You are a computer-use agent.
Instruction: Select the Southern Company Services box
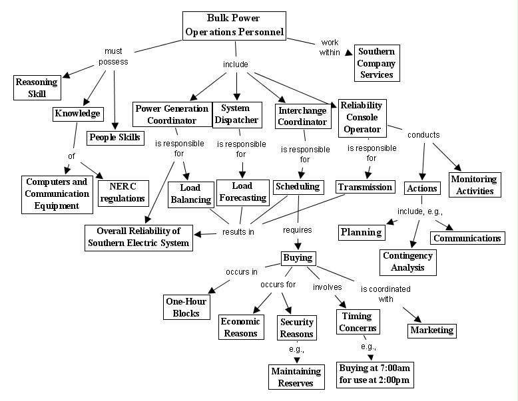tap(377, 63)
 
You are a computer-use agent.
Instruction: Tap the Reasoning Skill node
tap(37, 86)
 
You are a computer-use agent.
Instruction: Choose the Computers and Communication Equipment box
tap(57, 194)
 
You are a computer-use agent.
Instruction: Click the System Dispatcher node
tap(235, 114)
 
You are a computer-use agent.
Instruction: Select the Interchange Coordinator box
tap(302, 116)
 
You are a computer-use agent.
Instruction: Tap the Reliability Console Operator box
tap(361, 117)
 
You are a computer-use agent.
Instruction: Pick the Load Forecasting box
tap(242, 192)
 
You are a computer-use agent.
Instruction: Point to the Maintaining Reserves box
tap(296, 376)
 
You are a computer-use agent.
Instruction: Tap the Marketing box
tap(431, 329)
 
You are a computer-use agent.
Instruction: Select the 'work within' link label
tap(329, 47)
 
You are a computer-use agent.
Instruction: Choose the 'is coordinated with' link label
tap(386, 293)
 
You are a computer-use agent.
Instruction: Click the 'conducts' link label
tap(424, 135)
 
